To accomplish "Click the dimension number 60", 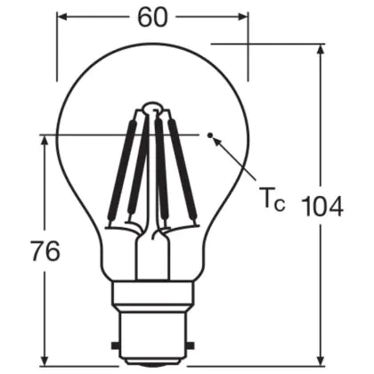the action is pos(152,18).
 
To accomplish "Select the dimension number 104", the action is pos(322,207).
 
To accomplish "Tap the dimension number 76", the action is pos(45,251).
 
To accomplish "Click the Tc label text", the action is pos(272,200).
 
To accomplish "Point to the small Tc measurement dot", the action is pos(210,135).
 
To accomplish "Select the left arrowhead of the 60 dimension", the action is pos(62,17).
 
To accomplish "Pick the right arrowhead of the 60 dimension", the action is pos(242,17).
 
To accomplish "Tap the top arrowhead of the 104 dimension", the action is pos(320,50).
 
